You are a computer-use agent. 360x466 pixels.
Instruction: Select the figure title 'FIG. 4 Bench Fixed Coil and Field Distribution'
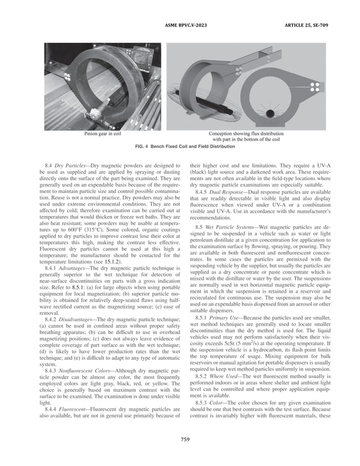coord(179,147)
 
